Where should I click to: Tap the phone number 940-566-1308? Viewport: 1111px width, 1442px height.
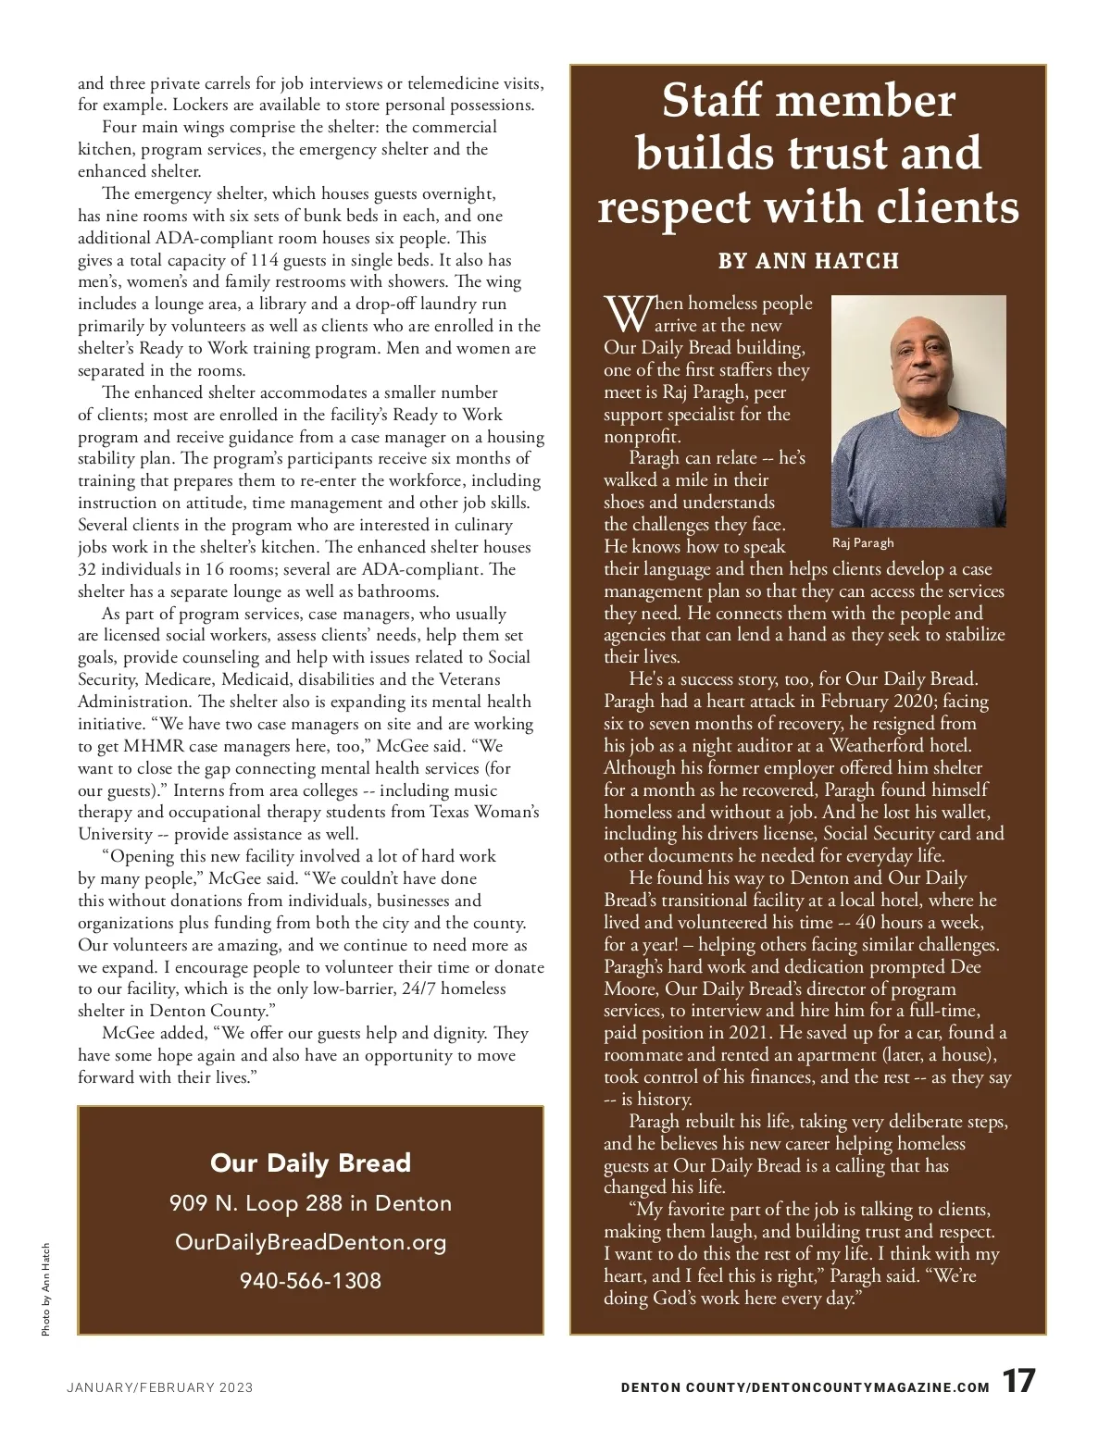coord(310,1281)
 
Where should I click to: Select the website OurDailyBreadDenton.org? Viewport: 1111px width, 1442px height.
coord(310,1242)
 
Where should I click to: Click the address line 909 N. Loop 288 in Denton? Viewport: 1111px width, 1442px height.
coord(310,1203)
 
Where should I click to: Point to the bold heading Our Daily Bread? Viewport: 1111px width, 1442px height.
coord(310,1163)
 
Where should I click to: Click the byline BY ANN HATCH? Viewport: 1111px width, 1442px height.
coord(808,261)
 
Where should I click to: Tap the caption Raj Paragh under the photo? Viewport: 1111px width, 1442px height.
coord(863,543)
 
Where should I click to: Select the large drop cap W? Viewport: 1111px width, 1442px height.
coord(627,315)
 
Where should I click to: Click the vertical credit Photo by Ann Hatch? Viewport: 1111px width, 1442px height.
coord(45,1289)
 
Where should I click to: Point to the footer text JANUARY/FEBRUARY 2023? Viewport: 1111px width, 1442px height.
coord(159,1387)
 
